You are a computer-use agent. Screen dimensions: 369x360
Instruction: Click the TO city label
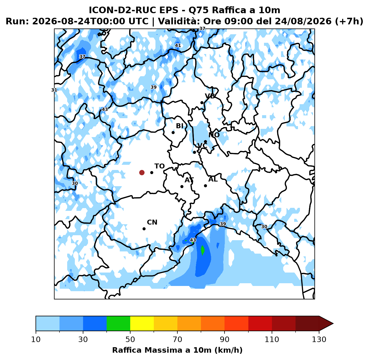coord(160,166)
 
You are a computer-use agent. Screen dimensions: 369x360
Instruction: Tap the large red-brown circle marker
coord(142,172)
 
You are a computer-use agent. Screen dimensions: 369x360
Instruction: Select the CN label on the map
coord(152,222)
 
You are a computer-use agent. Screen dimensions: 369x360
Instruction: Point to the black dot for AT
coord(182,186)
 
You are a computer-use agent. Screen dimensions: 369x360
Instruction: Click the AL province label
coord(213,179)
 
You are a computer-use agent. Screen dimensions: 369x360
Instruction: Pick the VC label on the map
coord(202,146)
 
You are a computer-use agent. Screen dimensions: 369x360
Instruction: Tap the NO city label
coord(214,135)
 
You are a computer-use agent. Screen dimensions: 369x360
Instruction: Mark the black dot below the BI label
coord(173,132)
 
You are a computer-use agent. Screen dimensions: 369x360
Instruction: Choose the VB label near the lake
coord(210,96)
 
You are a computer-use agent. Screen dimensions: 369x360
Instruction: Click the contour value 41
coord(178,45)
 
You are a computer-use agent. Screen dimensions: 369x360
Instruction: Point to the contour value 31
coord(54,90)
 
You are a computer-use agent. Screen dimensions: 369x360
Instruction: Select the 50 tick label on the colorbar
coord(130,339)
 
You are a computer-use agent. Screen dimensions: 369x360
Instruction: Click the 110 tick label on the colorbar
coord(272,339)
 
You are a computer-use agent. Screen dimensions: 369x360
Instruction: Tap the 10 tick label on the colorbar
coord(36,339)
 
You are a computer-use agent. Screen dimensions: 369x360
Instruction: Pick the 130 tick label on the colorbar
coord(319,339)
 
